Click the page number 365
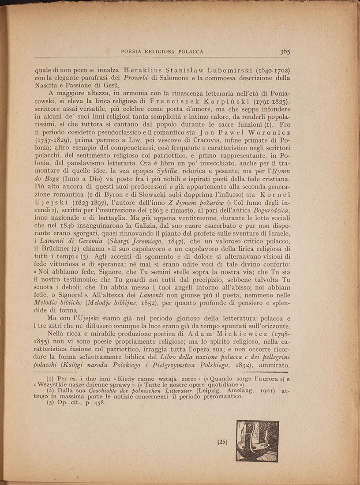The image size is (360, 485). pos(284,52)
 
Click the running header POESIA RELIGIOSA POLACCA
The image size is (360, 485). pos(162,52)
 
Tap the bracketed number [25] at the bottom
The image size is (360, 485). pos(222,441)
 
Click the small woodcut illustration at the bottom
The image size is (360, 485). pos(257,441)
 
